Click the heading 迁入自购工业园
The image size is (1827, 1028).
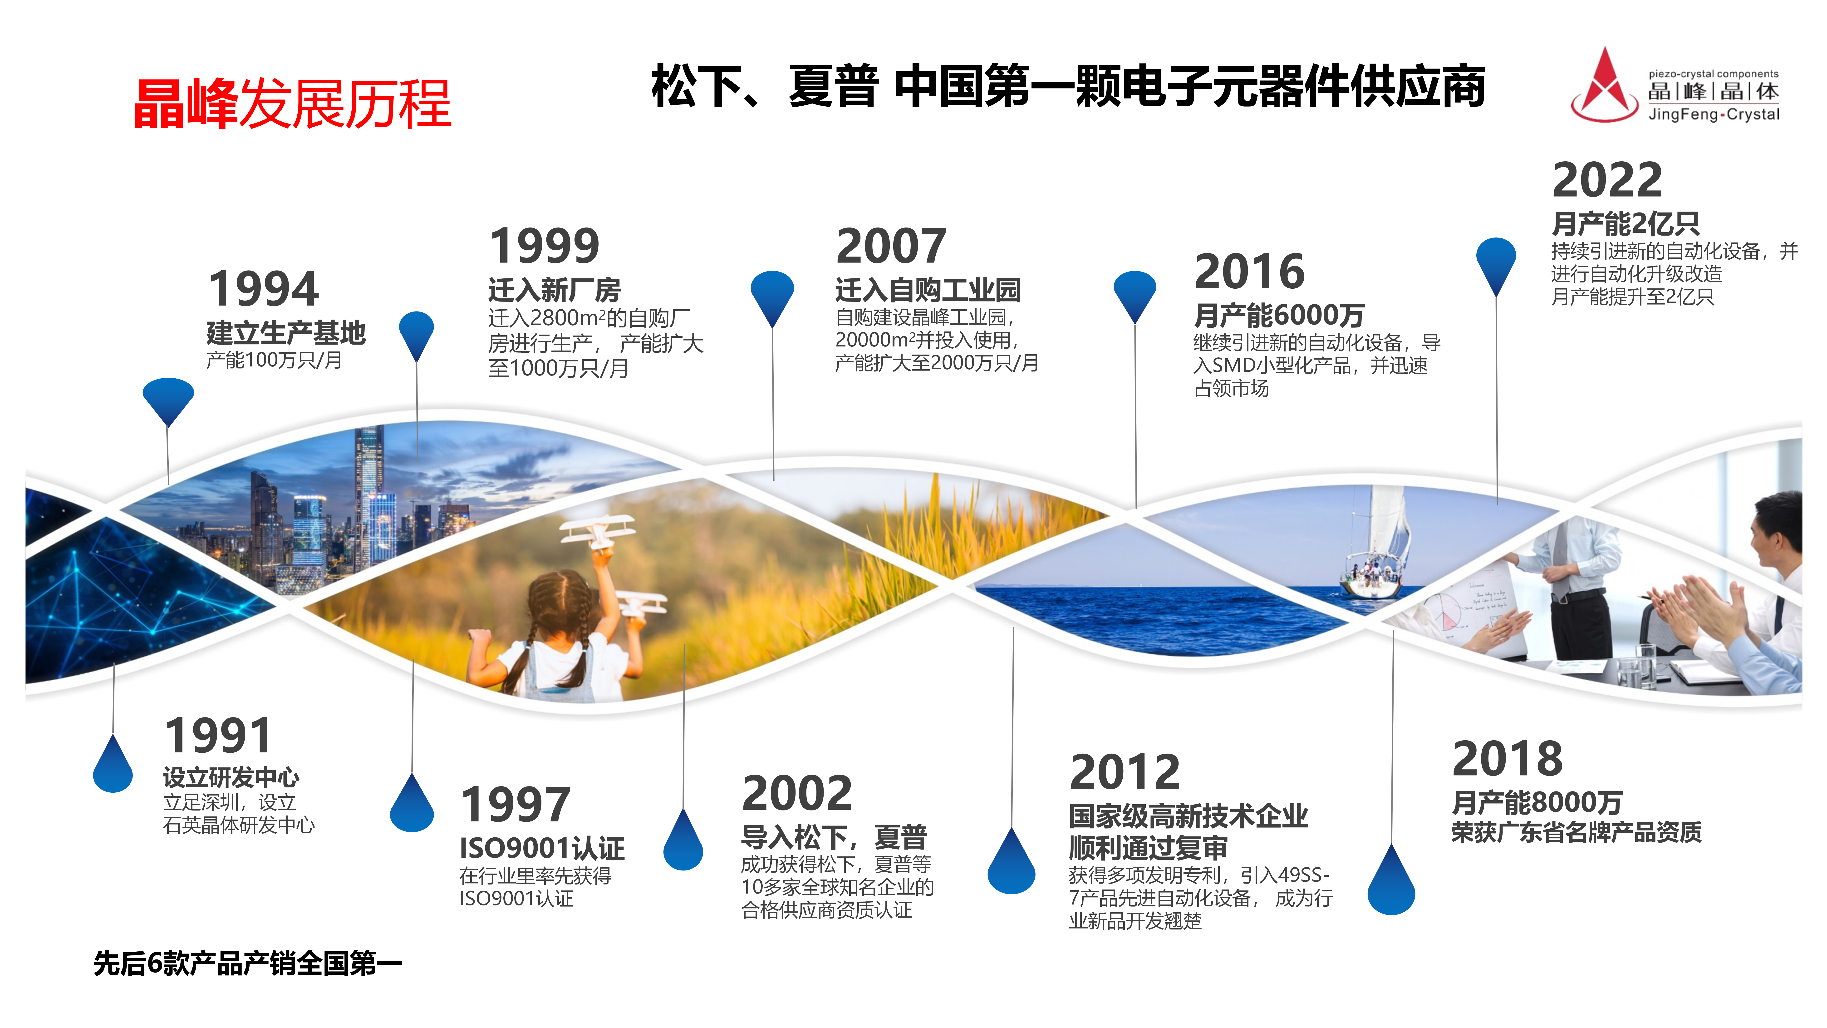click(928, 290)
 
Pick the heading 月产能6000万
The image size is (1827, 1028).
click(1279, 315)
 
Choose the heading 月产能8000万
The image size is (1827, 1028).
click(1536, 802)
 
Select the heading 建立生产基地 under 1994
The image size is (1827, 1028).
click(286, 333)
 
